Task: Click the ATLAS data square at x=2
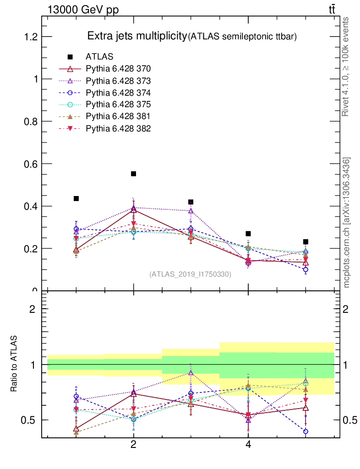(x=134, y=174)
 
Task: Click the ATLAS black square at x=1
(x=76, y=198)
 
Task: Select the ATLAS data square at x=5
(x=305, y=241)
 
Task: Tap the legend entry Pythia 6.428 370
(x=118, y=69)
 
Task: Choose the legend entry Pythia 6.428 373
(x=118, y=81)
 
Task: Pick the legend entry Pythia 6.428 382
(x=118, y=128)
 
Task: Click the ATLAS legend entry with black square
(x=99, y=57)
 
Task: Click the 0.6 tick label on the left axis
(x=30, y=164)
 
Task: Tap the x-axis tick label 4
(x=248, y=444)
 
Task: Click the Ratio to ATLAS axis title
(x=14, y=364)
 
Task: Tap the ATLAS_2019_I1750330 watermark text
(x=190, y=274)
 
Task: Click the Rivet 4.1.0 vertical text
(x=346, y=66)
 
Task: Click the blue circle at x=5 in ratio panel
(x=305, y=431)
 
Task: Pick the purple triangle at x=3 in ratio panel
(x=191, y=372)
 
